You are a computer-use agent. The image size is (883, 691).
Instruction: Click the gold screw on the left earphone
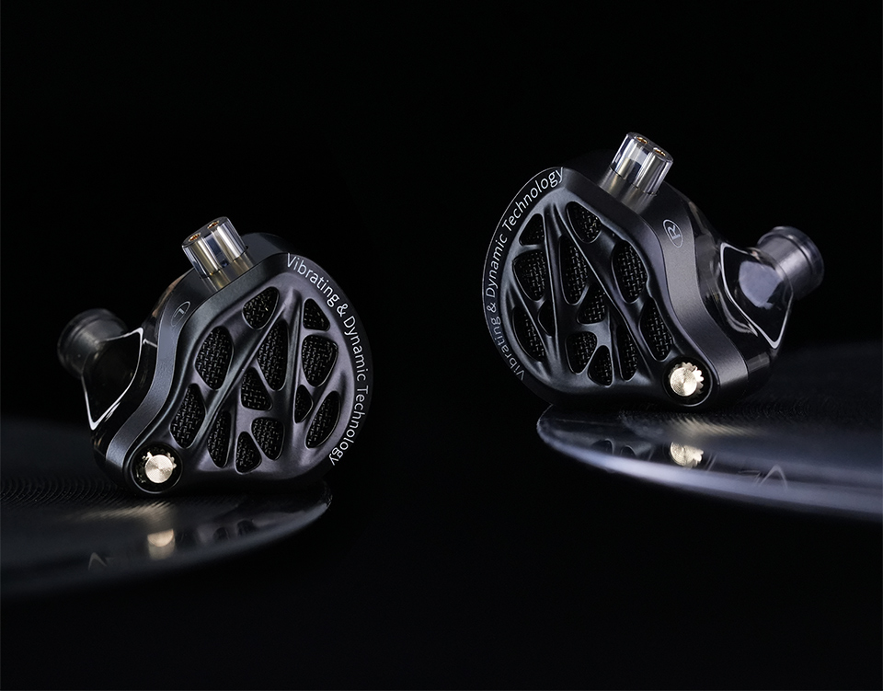(x=159, y=467)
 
